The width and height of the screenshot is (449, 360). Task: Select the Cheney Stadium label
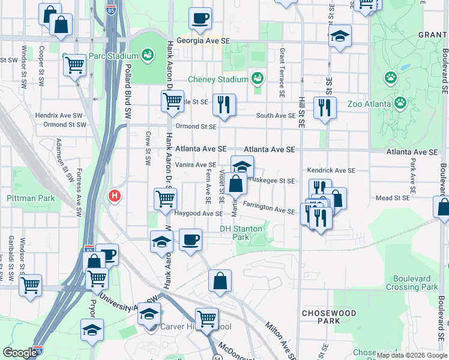point(218,79)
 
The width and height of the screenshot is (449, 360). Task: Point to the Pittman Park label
point(31,198)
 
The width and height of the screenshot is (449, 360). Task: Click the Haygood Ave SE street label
point(198,214)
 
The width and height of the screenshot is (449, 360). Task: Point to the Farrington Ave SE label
point(268,210)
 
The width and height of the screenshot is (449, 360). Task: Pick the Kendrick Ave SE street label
point(331,171)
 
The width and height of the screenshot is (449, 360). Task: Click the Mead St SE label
point(393,197)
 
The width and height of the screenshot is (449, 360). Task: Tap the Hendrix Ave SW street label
point(58,115)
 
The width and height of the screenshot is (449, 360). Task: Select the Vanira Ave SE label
point(196,165)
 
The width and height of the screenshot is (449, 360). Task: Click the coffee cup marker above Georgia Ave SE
point(200,18)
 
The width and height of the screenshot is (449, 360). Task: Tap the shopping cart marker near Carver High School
point(206,318)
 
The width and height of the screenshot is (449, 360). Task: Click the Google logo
point(20,353)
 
